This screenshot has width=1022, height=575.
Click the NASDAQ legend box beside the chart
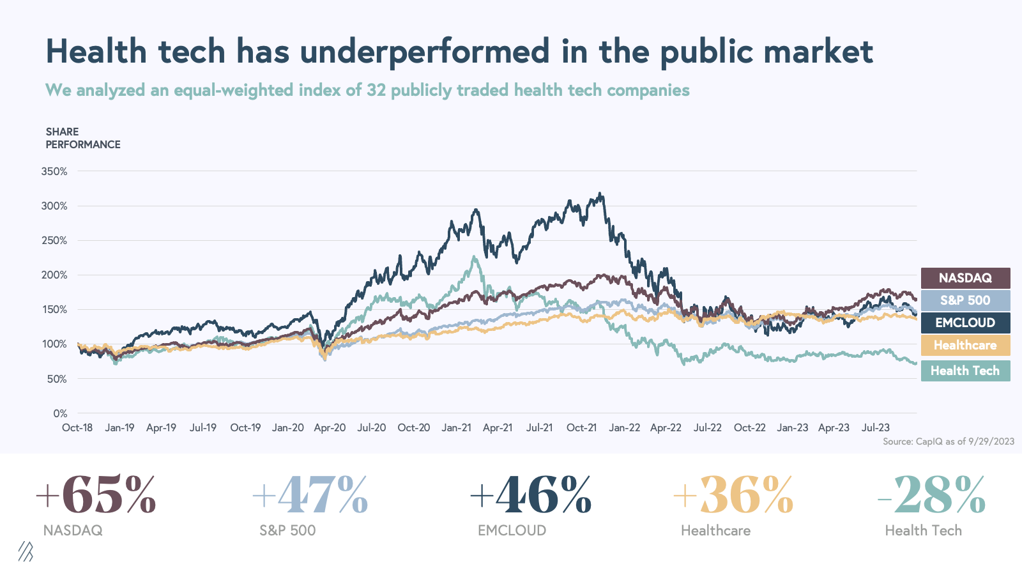coord(965,278)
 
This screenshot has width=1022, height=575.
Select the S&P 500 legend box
coord(965,300)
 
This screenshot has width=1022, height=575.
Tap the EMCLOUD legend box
coord(965,323)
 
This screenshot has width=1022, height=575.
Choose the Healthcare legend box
coord(965,345)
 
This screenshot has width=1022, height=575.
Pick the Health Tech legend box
coord(965,371)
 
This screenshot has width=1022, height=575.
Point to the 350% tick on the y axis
coord(54,171)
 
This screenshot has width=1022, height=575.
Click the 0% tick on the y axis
coord(60,413)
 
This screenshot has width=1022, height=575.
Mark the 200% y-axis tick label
coord(54,275)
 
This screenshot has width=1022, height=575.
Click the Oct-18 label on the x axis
coord(77,427)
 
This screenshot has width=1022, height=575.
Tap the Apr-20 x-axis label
coord(330,427)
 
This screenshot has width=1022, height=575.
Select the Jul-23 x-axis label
coord(876,427)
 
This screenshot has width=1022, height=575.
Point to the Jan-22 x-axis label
coord(624,427)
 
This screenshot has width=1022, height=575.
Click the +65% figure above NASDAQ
coord(96,495)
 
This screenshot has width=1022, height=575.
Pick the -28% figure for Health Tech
coord(932,495)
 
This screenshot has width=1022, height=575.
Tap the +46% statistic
coord(531,495)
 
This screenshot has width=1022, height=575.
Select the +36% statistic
coord(733,495)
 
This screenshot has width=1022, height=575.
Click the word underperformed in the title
coord(425,51)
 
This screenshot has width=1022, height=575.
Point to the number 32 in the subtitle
coord(376,90)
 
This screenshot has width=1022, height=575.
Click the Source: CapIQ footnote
coord(948,441)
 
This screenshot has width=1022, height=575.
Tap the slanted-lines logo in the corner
coord(26,551)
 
